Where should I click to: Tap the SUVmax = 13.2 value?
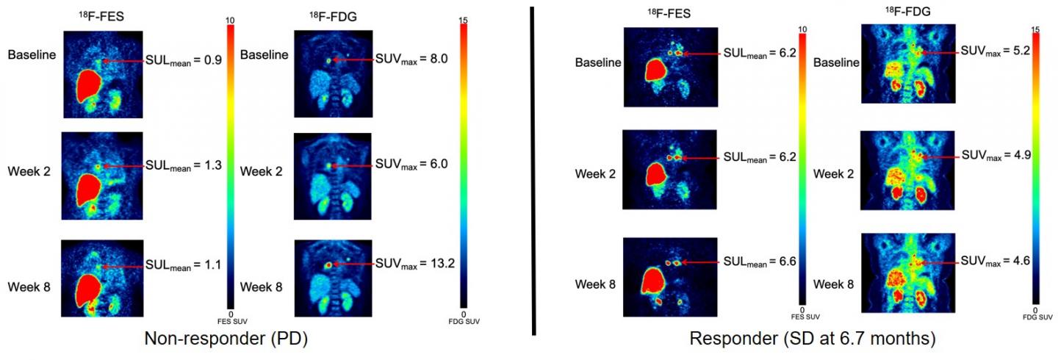[415, 263]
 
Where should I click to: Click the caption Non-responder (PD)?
[226, 339]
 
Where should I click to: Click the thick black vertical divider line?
[531, 169]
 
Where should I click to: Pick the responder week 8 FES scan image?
[670, 273]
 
